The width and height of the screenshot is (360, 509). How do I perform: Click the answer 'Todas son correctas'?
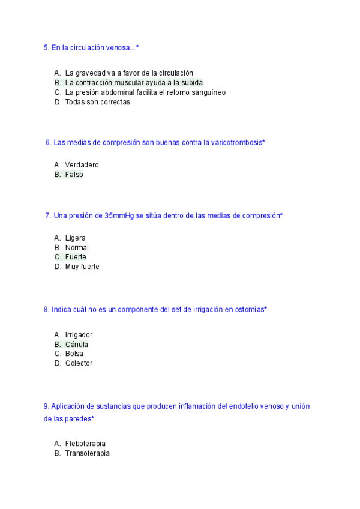coord(97,102)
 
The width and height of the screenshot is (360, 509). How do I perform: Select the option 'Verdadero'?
coord(82,165)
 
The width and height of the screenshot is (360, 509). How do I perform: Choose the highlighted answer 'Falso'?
coord(74,175)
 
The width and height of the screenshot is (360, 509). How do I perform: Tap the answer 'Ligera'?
coord(75,238)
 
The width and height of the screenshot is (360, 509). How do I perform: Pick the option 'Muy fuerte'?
coord(82,267)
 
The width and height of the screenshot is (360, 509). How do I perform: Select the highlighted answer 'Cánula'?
coord(76,345)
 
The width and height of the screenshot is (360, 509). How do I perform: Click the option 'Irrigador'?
coord(79,335)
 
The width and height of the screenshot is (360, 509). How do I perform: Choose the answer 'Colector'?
coord(79,363)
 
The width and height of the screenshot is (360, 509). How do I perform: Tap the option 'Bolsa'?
coord(74,354)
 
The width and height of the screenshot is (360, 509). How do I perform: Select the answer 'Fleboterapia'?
coord(85,444)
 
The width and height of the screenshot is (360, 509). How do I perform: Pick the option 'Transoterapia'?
coord(87,453)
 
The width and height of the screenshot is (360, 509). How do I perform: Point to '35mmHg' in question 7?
coord(119,215)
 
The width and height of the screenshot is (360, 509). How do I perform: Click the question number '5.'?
coord(46,47)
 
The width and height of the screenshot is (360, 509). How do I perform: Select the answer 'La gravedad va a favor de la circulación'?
coord(129,73)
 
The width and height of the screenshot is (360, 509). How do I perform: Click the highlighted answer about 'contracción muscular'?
coord(134,83)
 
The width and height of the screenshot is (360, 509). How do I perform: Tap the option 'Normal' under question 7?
coord(77,248)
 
